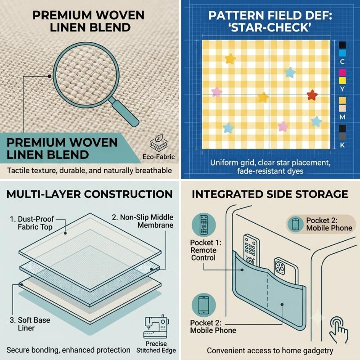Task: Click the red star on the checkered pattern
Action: point(312,95)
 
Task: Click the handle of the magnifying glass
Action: point(126,113)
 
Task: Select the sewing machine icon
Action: point(156,327)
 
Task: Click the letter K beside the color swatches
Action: point(342,145)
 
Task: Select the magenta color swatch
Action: point(342,73)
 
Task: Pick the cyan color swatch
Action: point(342,53)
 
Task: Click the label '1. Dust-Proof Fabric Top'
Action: point(32,223)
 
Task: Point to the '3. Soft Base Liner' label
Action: point(30,324)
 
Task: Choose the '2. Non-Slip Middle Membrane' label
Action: point(143,221)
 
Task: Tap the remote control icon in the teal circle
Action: point(204,225)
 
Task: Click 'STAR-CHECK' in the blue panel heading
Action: point(270,27)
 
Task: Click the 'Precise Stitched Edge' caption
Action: point(156,347)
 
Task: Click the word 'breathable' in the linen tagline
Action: point(153,171)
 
